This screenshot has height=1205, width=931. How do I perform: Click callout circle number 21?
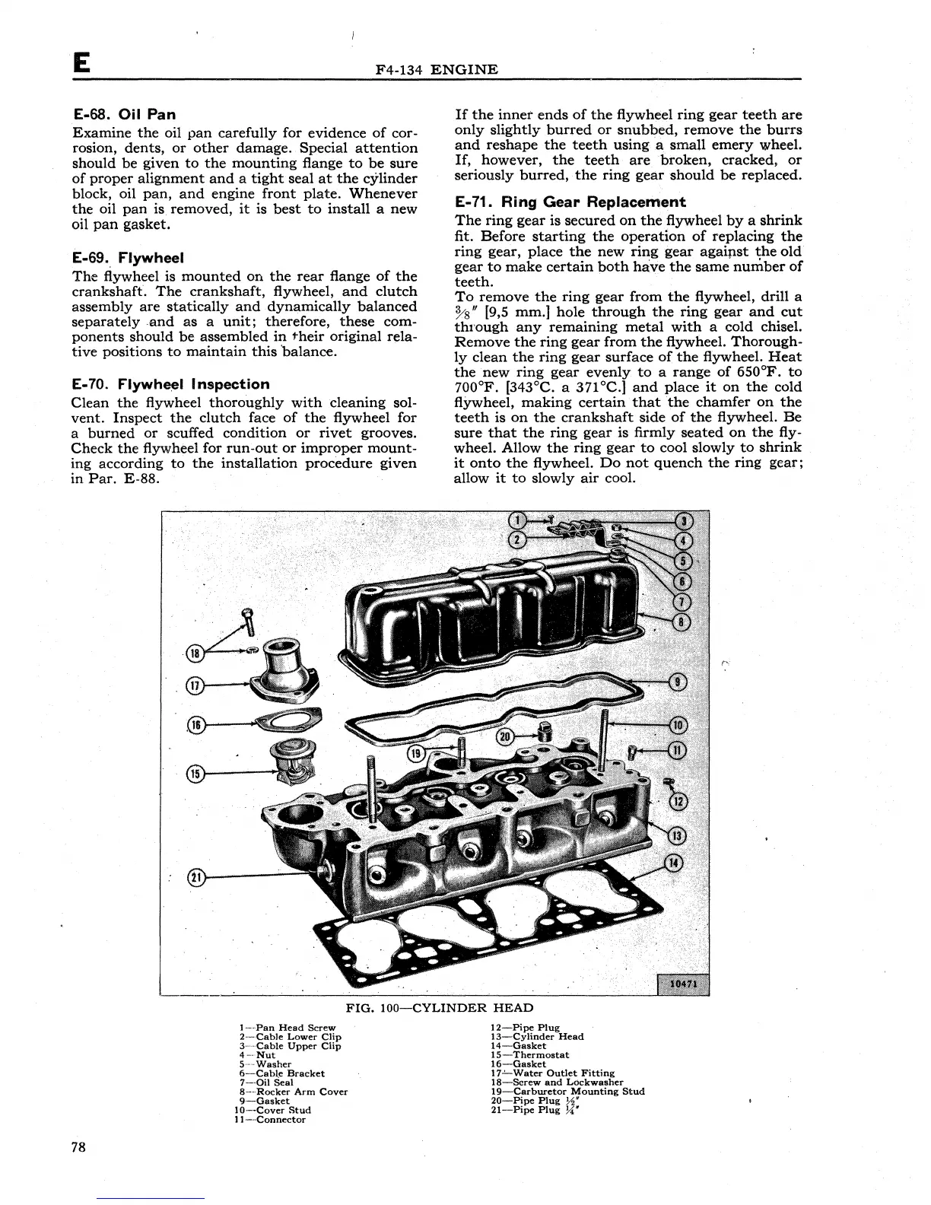click(x=195, y=876)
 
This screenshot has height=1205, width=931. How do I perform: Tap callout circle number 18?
click(x=195, y=653)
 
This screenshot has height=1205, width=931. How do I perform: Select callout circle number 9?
click(x=676, y=682)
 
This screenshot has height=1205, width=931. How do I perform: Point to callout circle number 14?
click(x=674, y=863)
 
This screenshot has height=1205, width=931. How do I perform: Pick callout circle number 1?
click(x=518, y=521)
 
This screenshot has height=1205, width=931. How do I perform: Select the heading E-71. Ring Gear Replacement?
click(x=570, y=202)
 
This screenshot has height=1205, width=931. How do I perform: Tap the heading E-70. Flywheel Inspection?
click(x=170, y=384)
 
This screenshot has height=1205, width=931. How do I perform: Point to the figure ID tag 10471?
click(x=682, y=984)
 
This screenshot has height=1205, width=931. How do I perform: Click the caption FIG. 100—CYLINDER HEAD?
click(x=440, y=1008)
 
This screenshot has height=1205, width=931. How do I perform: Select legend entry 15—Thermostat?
click(x=529, y=1055)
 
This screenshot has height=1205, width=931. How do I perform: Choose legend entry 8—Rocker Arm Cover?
click(x=293, y=1092)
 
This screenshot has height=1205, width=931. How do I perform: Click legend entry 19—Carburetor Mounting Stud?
click(x=567, y=1092)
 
